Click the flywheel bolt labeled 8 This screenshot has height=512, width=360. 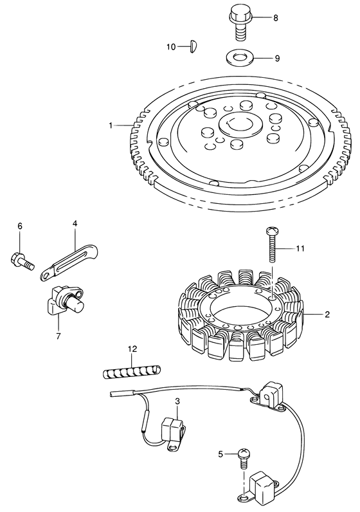pyautogui.click(x=240, y=24)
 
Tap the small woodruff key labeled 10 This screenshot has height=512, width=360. pyautogui.click(x=194, y=46)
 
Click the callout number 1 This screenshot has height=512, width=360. pyautogui.click(x=111, y=125)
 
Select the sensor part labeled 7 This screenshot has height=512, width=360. pyautogui.click(x=64, y=300)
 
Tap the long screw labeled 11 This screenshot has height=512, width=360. pyautogui.click(x=272, y=244)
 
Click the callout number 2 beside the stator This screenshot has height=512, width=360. pyautogui.click(x=327, y=315)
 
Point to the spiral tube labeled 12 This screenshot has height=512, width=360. pyautogui.click(x=132, y=372)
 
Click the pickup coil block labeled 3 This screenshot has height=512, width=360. pyautogui.click(x=174, y=431)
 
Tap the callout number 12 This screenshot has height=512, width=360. pyautogui.click(x=132, y=349)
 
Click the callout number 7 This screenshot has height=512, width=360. pyautogui.click(x=58, y=336)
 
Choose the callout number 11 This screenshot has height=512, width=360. pyautogui.click(x=300, y=248)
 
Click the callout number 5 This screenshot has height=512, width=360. pyautogui.click(x=221, y=453)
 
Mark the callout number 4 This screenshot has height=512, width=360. pyautogui.click(x=75, y=223)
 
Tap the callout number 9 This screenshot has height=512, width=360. pyautogui.click(x=277, y=58)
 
